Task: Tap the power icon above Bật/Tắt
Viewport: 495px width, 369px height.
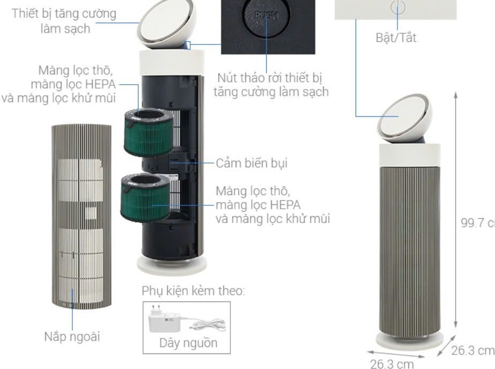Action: tap(397, 6)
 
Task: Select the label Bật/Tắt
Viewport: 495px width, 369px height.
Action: tap(396, 38)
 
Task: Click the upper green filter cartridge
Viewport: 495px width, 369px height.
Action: tap(149, 132)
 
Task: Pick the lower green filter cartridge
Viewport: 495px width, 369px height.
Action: tap(145, 198)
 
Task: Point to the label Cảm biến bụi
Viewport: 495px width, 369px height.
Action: tap(252, 163)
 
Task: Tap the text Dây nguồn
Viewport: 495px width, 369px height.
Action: tap(189, 343)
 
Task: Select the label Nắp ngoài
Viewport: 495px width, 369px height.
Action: tap(72, 336)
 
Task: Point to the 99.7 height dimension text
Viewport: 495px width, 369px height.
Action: tap(478, 223)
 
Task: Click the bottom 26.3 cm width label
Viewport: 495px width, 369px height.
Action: tap(392, 363)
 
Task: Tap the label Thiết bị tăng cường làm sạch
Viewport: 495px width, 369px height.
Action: tap(64, 21)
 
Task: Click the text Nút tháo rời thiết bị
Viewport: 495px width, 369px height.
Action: tap(269, 78)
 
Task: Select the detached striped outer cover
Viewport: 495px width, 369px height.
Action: tap(81, 217)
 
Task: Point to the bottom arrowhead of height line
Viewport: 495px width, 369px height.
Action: tap(455, 326)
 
